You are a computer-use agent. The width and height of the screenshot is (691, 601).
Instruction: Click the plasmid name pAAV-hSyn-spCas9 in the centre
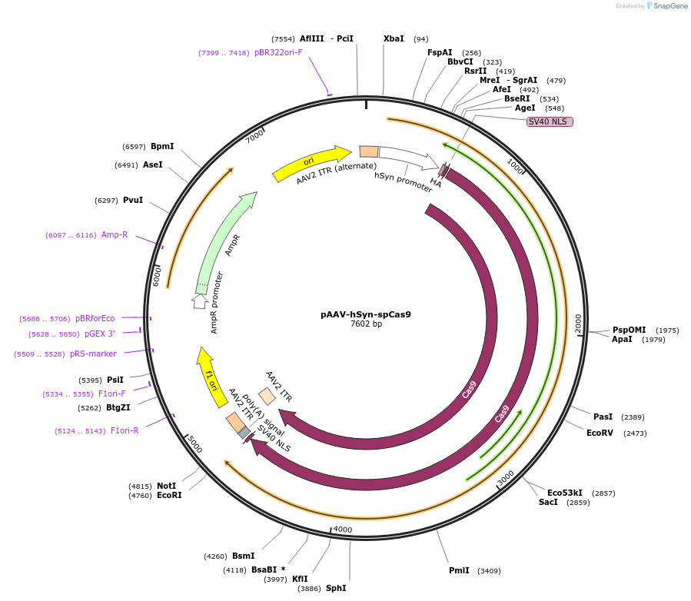tap(366, 314)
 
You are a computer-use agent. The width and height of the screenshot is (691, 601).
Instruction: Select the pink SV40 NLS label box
tap(550, 121)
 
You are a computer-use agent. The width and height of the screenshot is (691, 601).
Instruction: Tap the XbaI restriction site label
tap(394, 38)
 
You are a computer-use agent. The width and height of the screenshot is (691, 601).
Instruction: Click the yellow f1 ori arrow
tap(208, 377)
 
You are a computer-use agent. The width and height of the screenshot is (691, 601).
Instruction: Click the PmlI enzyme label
tap(459, 571)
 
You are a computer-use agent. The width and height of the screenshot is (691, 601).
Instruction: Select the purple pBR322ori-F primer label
tap(278, 53)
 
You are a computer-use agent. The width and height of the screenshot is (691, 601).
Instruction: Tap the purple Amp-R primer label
tap(115, 234)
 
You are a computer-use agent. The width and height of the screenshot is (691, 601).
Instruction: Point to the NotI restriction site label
tap(166, 486)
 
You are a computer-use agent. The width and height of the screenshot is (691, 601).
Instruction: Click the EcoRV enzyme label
tap(600, 433)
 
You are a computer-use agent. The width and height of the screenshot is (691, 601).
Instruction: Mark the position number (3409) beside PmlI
tap(489, 571)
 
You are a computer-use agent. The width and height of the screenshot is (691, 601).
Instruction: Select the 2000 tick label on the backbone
tap(578, 324)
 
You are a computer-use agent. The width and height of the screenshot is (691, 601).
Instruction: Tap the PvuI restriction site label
tap(133, 200)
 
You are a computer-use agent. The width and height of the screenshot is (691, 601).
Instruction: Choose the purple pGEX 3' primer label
tap(100, 334)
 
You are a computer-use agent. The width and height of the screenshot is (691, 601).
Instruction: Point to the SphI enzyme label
tap(336, 588)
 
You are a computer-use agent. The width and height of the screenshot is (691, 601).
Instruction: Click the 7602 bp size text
tap(366, 324)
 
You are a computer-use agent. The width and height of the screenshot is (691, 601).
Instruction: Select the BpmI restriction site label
tap(162, 146)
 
